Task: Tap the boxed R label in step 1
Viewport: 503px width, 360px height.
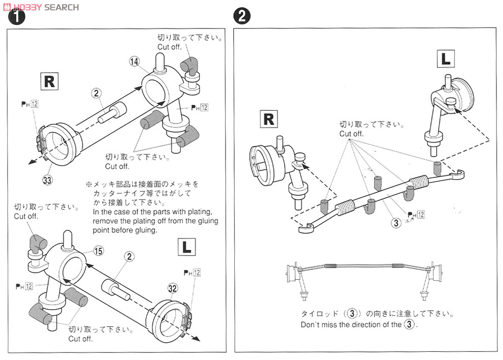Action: [x=49, y=82]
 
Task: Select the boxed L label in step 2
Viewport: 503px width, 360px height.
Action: [x=446, y=59]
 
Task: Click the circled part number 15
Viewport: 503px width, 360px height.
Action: [x=98, y=251]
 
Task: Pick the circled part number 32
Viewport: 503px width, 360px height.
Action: [x=172, y=288]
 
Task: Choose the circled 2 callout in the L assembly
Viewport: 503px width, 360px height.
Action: [x=130, y=257]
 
